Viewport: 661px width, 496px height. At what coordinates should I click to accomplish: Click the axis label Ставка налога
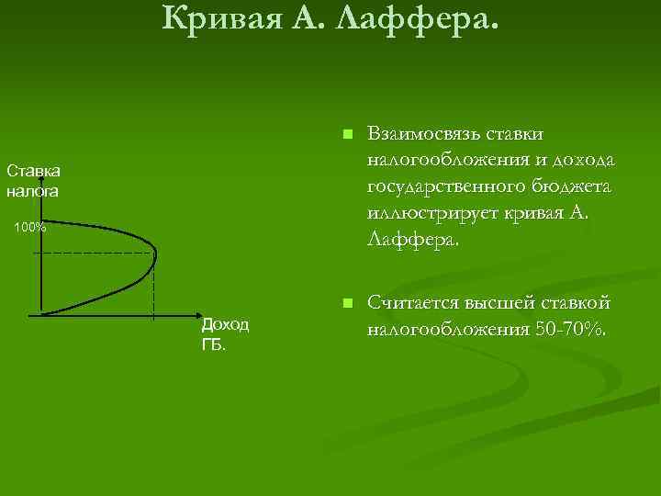pyautogui.click(x=34, y=182)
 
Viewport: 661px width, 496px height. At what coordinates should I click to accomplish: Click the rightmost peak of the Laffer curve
pyautogui.click(x=157, y=252)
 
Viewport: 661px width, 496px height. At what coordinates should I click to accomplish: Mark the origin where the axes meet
pyautogui.click(x=41, y=315)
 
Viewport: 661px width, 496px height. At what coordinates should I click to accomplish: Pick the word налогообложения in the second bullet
pyautogui.click(x=446, y=330)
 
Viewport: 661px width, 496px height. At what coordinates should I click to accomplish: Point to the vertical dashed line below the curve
pyautogui.click(x=153, y=287)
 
